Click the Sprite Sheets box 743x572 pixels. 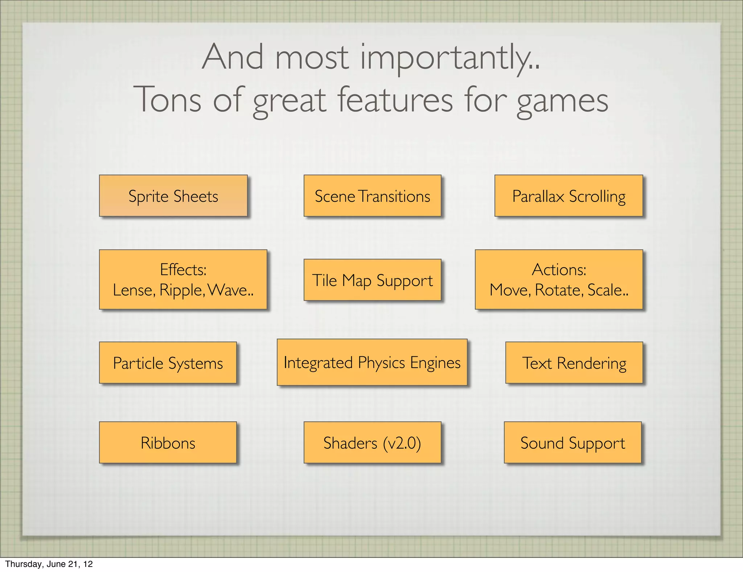[x=173, y=196]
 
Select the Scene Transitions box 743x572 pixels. [x=372, y=196]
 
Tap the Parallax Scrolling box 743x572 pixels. [x=568, y=196]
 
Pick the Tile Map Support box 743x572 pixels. [x=372, y=280]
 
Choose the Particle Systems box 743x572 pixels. [x=168, y=363]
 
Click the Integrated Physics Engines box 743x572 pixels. [x=372, y=362]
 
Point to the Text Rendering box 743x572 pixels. [x=574, y=363]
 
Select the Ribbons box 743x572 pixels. [x=168, y=442]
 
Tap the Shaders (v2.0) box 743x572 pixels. [x=372, y=442]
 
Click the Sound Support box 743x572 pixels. [x=572, y=442]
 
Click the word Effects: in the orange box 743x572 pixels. [x=183, y=269]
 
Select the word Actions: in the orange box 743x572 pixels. [x=559, y=269]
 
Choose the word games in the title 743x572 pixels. [x=562, y=100]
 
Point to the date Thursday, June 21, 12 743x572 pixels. [x=49, y=564]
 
